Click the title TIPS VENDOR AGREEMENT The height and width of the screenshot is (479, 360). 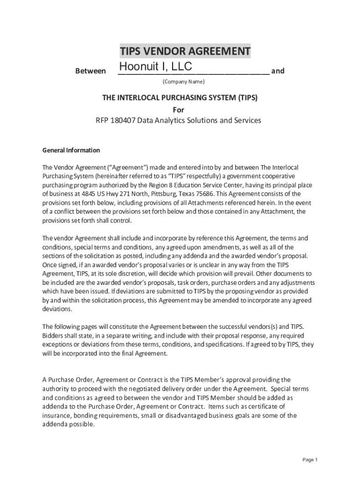pos(185,51)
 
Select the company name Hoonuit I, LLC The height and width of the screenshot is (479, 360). pos(155,67)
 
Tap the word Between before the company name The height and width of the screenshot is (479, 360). pos(90,71)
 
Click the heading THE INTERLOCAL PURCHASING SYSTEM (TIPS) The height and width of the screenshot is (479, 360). pos(180,98)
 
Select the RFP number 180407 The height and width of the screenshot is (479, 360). pos(123,120)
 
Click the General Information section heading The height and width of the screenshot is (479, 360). pos(71,150)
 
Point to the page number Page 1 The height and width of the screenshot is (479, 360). pos(310,459)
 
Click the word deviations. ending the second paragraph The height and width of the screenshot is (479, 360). pos(58,309)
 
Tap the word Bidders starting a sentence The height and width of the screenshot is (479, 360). pos(53,336)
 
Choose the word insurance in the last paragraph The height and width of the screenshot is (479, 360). pos(57,416)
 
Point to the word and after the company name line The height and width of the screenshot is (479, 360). pos(278,71)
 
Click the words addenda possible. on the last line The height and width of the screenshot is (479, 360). pos(69,425)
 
